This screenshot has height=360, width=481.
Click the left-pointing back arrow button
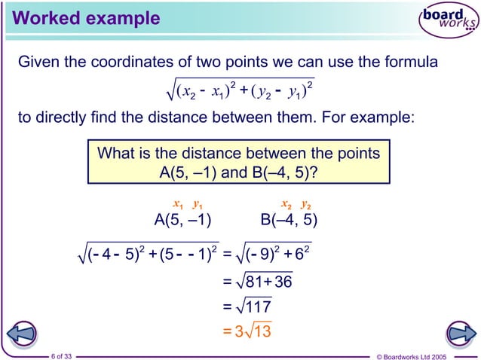[x=23, y=332]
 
